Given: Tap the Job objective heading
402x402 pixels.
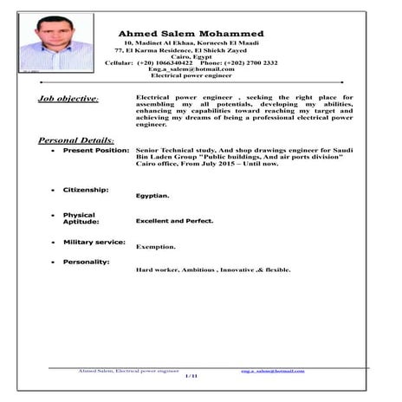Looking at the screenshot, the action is coord(68,100).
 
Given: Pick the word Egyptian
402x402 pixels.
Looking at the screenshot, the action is coord(152,196).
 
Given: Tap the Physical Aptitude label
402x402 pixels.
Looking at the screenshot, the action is coord(79,218).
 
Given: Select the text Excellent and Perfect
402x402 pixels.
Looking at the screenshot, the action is coord(174,221).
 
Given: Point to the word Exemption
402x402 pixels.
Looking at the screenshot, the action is coord(156,247).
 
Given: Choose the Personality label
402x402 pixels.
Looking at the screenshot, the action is coord(86,262).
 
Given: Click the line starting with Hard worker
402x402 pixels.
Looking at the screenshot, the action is coord(213,269).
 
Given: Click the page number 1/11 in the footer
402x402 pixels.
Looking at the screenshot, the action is coord(191,377).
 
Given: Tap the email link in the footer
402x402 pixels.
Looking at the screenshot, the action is coord(273,370).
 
